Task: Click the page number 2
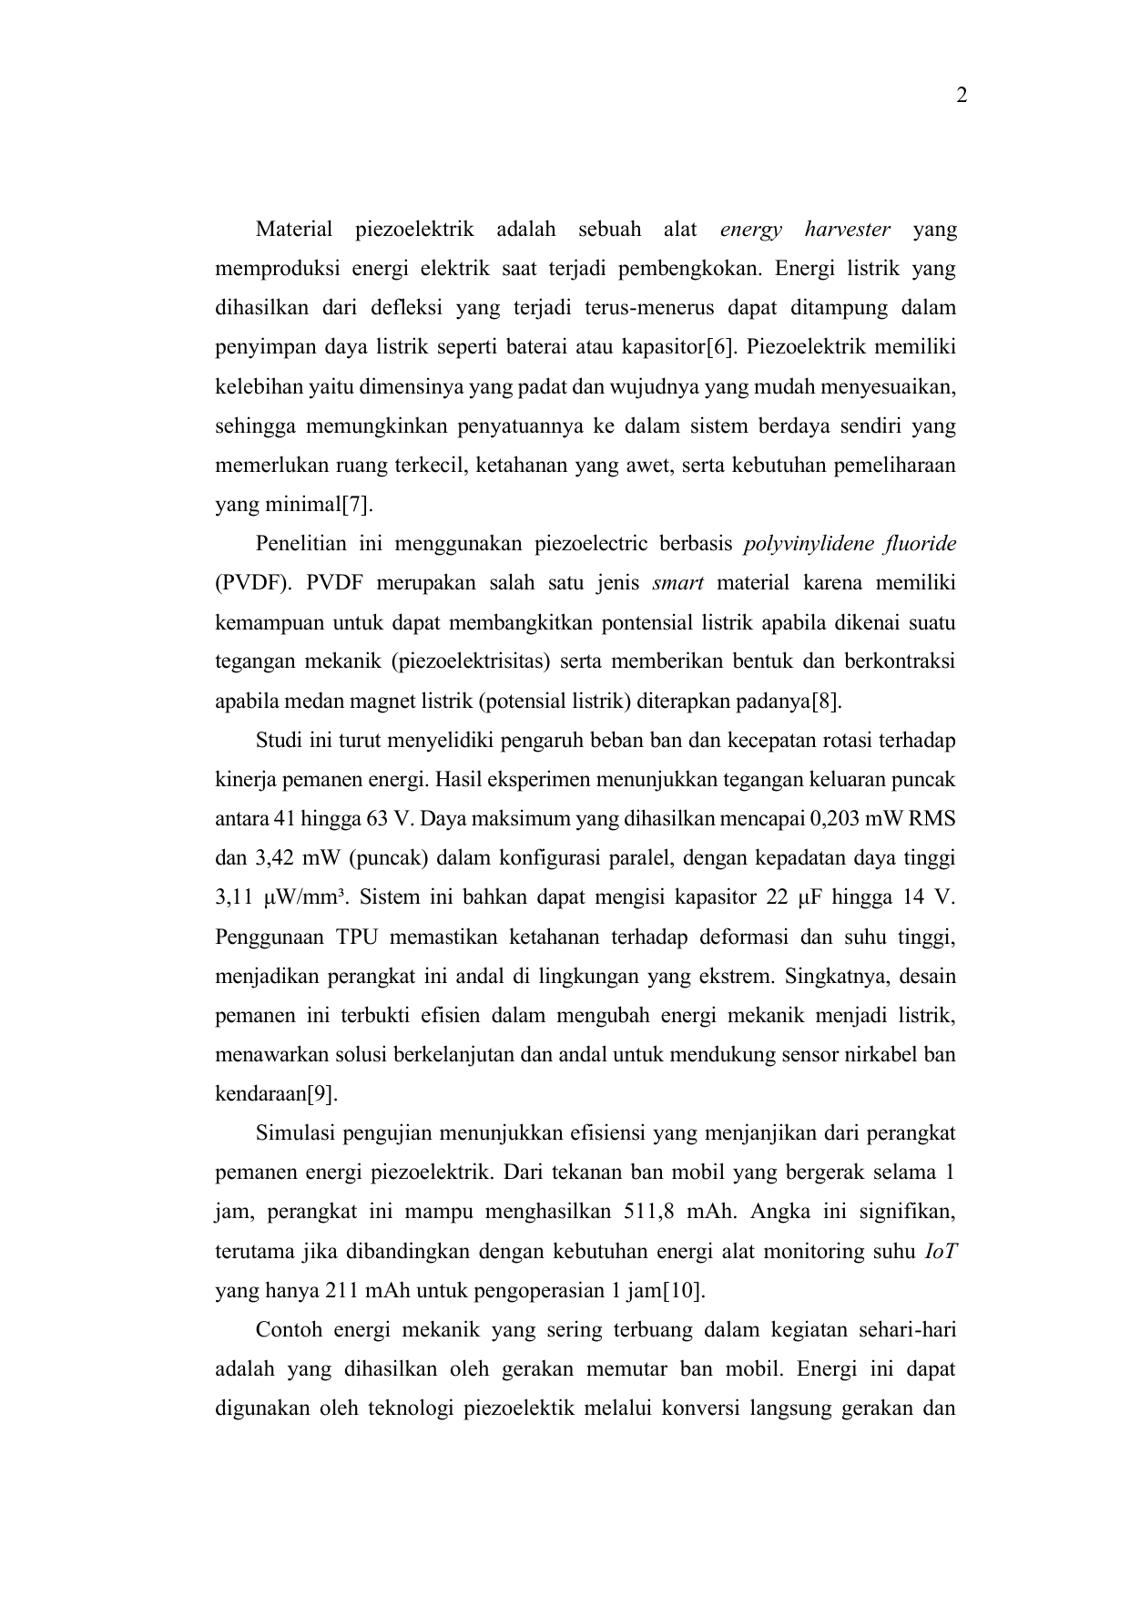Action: (x=961, y=96)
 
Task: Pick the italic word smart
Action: (x=677, y=584)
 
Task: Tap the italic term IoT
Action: (x=940, y=1252)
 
